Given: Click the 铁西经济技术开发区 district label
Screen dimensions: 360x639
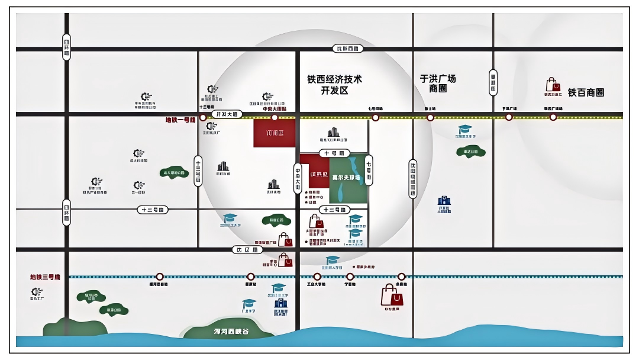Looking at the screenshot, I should [334, 85].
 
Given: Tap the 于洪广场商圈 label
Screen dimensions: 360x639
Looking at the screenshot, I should [438, 83].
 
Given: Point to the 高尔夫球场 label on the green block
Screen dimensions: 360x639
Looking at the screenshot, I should [346, 178].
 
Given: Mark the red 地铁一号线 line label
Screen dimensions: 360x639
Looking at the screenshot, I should [180, 120].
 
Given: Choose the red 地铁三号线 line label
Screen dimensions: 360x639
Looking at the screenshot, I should [46, 277].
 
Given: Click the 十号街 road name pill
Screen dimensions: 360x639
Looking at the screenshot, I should [334, 153].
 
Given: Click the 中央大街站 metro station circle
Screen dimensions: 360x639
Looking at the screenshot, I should [275, 117].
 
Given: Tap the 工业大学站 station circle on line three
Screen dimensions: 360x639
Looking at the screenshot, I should [317, 277].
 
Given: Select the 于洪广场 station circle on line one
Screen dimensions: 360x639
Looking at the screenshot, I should [509, 117].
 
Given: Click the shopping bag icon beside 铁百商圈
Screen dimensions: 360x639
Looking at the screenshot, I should [551, 84].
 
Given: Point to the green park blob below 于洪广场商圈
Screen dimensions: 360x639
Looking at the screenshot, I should [471, 152].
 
